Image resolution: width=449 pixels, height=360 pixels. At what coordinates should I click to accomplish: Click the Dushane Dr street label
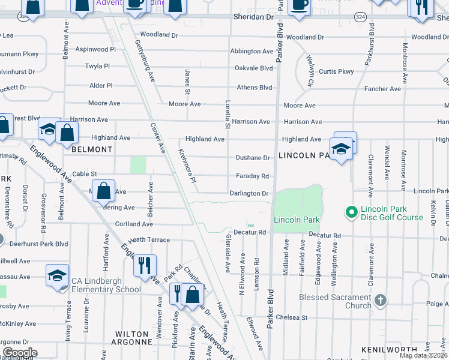[252, 158]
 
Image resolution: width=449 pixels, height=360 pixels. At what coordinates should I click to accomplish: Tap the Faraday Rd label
[253, 176]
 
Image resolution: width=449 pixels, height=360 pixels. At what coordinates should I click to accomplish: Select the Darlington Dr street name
[249, 194]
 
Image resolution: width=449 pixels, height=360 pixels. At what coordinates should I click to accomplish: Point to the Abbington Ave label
[252, 52]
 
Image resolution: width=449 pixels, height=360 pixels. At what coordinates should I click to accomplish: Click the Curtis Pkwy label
[336, 71]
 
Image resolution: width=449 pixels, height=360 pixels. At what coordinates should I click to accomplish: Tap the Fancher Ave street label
[382, 89]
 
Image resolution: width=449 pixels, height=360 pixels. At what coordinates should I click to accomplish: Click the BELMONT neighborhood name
[92, 149]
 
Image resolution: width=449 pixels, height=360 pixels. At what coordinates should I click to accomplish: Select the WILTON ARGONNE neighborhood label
[132, 338]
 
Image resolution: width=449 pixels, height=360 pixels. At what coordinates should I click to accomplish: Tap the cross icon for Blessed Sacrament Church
[380, 299]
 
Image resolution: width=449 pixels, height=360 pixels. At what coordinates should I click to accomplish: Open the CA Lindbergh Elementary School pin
[57, 276]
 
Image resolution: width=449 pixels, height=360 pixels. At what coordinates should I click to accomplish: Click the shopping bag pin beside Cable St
[104, 191]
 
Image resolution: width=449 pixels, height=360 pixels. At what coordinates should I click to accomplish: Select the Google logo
[20, 353]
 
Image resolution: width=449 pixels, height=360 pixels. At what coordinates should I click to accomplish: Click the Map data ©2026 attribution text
[423, 355]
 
